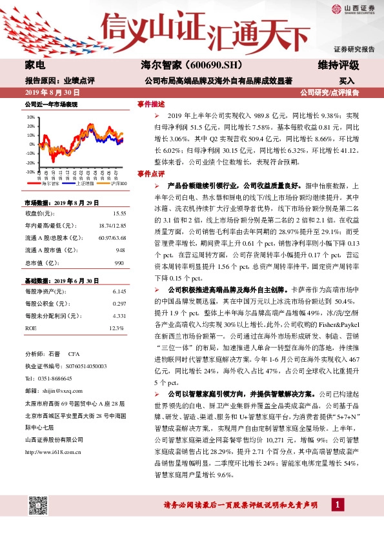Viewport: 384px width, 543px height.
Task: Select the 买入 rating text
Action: (347, 81)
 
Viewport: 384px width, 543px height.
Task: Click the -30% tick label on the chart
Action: (30, 172)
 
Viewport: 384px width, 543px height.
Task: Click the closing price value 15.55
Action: (119, 213)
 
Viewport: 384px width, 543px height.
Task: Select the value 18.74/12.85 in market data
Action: (112, 225)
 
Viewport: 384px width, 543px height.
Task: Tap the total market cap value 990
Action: (119, 263)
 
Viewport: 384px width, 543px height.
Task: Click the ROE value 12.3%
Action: (116, 328)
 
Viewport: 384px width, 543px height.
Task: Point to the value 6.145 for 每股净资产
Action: (118, 291)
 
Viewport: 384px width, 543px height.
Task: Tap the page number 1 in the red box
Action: (336, 522)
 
